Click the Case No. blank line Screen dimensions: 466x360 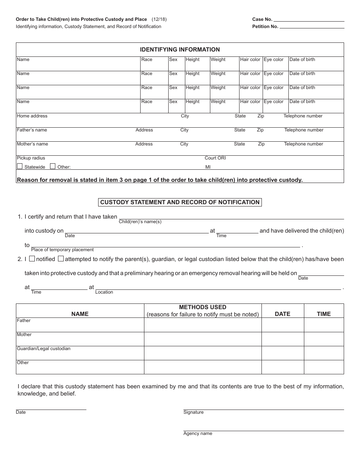click(308, 19)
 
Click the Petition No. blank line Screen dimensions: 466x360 click(312, 27)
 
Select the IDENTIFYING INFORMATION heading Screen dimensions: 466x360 click(180, 50)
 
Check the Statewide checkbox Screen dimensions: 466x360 click(20, 166)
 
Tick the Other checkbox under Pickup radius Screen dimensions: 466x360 click(53, 166)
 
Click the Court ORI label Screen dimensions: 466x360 click(215, 158)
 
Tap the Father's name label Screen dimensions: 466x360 click(32, 130)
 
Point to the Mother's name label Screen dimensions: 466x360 click(32, 144)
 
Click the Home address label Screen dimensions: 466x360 click(32, 116)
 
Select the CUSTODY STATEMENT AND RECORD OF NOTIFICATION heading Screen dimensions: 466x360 click(180, 202)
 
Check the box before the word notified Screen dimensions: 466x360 click(32, 259)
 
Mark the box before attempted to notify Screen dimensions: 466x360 click(61, 259)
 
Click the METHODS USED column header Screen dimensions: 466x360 click(202, 307)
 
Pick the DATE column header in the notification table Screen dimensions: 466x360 click(282, 314)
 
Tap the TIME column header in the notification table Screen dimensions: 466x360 click(324, 314)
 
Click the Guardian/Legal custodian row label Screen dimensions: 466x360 click(44, 349)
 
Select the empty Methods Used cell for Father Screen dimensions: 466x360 click(202, 325)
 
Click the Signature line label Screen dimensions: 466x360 click(193, 412)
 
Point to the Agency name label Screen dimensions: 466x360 click(197, 433)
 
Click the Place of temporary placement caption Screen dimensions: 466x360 click(62, 250)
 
